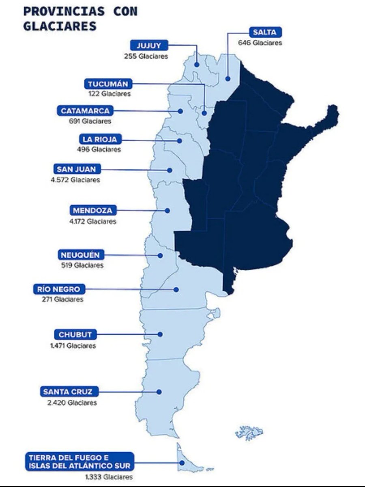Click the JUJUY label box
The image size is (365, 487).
(x=148, y=45)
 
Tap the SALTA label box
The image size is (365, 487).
(x=264, y=32)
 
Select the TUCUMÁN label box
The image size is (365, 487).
(x=108, y=84)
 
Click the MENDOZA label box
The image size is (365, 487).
(x=93, y=210)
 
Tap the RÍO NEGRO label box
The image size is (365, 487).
(x=59, y=289)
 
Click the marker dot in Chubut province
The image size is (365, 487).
(x=160, y=334)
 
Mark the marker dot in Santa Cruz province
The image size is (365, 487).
(x=159, y=392)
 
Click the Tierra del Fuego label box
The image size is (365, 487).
(x=79, y=461)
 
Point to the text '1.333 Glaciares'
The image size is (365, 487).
(x=109, y=477)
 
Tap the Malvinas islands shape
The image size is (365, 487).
(x=249, y=432)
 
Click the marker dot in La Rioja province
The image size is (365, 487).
(x=179, y=140)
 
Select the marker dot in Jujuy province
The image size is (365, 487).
(x=197, y=65)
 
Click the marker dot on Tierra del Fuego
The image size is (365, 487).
(x=181, y=462)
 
